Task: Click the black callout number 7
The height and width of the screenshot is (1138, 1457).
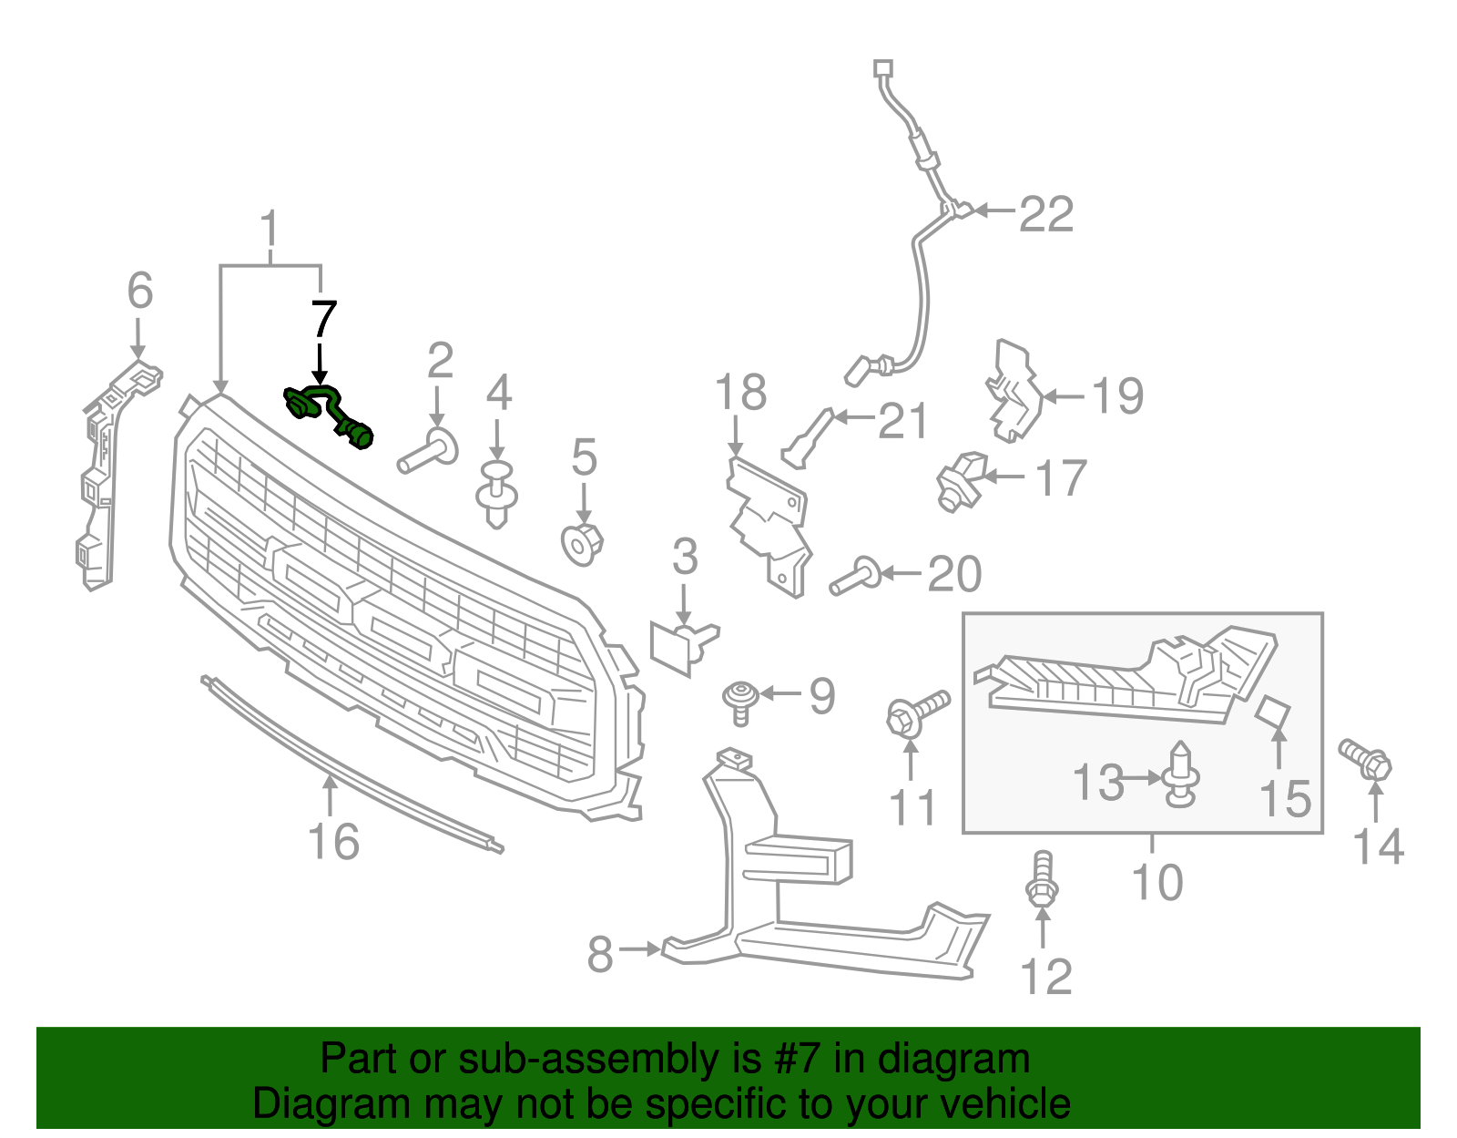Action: click(x=323, y=320)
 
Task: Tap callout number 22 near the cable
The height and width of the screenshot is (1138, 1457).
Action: click(x=1046, y=215)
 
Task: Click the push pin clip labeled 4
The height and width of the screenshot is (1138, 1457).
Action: click(x=497, y=495)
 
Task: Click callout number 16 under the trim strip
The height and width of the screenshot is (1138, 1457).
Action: click(x=334, y=842)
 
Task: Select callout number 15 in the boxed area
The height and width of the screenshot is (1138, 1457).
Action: click(x=1285, y=798)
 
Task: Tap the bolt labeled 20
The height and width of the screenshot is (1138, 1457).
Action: click(x=854, y=577)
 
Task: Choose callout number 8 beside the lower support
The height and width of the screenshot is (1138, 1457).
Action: click(x=599, y=955)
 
